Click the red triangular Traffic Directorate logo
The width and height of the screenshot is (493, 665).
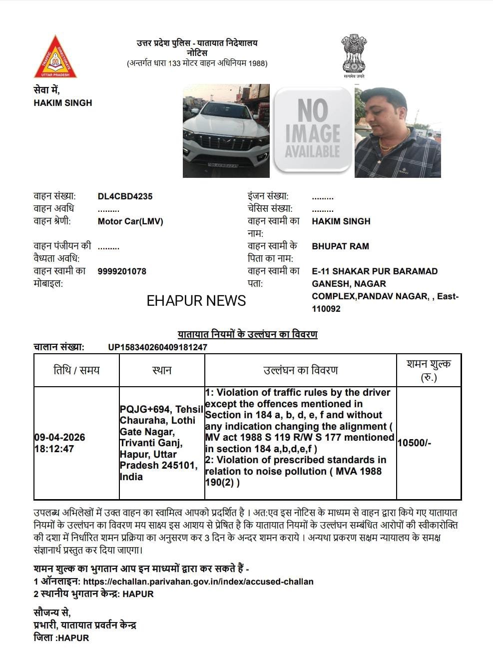(x=55, y=58)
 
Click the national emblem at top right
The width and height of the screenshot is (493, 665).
(x=354, y=54)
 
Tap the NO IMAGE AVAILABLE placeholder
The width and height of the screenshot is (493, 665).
(x=313, y=130)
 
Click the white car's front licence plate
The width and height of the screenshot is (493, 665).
(x=223, y=164)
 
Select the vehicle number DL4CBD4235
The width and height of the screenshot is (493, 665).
(x=125, y=196)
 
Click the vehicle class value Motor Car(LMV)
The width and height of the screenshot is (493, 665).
(x=130, y=221)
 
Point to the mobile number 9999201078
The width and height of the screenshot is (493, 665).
(x=122, y=271)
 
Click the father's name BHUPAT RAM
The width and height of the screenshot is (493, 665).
(x=340, y=246)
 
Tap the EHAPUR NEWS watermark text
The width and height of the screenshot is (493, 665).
(x=196, y=301)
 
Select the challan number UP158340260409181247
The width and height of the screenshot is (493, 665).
(x=157, y=347)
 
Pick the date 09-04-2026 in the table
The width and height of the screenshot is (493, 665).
(x=59, y=438)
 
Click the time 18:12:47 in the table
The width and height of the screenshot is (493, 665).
(x=54, y=449)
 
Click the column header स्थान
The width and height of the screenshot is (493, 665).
(x=162, y=370)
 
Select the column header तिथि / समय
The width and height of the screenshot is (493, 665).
(x=76, y=370)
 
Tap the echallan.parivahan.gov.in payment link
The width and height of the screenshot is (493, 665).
(x=198, y=582)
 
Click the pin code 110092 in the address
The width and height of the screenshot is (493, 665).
(x=326, y=309)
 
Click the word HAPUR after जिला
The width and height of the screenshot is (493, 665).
(x=73, y=638)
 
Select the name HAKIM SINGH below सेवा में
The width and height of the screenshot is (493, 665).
(x=63, y=103)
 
